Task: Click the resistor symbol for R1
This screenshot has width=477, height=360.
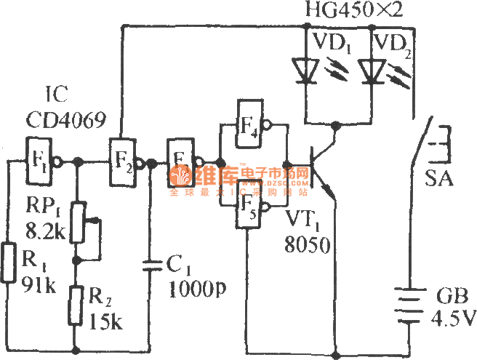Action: coord(9,263)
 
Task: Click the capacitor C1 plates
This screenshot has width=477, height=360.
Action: coord(151,266)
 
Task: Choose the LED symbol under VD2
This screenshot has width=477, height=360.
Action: coord(371,69)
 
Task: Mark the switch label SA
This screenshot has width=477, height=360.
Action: coord(441,179)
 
